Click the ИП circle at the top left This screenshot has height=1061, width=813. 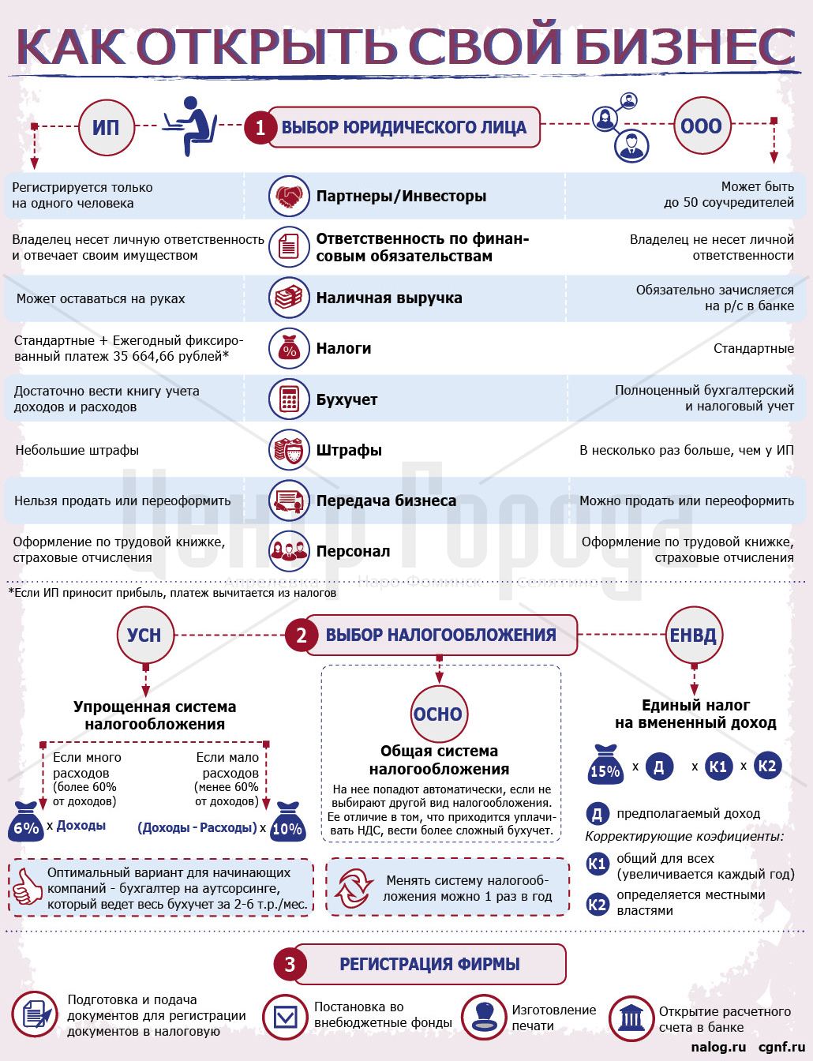pos(106,127)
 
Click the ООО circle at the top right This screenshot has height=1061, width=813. pos(701,126)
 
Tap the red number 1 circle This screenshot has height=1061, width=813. pos(260,128)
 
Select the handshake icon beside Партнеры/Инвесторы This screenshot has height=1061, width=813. pos(289,196)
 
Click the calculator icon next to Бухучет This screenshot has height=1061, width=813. pos(289,399)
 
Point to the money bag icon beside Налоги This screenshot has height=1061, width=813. pos(289,349)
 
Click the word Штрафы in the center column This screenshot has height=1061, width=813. pos(349,450)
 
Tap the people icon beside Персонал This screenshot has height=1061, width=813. pos(289,551)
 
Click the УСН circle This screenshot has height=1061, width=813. pos(144,635)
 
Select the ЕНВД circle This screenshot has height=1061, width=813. pos(693,635)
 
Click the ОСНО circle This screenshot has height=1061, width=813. pos(438,714)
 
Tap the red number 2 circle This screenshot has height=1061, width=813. pos(301,635)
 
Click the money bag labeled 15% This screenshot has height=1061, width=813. pos(605,764)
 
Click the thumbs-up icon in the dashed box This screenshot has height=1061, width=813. pos(28,887)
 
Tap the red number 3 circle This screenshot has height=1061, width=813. pos(290,964)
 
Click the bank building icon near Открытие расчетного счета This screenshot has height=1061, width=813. pos(631,1017)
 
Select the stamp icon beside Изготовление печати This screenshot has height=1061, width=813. pos(483,1017)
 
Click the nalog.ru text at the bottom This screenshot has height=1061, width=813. pos(717,1047)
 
